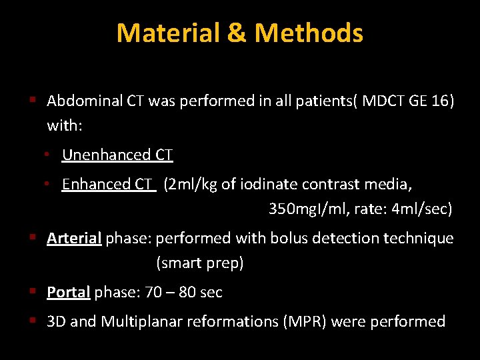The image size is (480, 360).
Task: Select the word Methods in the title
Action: pos(309,33)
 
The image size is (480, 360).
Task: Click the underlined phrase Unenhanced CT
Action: pos(117,155)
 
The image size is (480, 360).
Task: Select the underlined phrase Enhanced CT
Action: pos(109,184)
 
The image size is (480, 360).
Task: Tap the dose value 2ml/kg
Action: pos(193,184)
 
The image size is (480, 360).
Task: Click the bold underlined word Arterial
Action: pos(74,238)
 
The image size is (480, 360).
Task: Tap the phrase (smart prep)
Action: pos(200,263)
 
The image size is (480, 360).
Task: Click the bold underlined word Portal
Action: pos(68,292)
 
